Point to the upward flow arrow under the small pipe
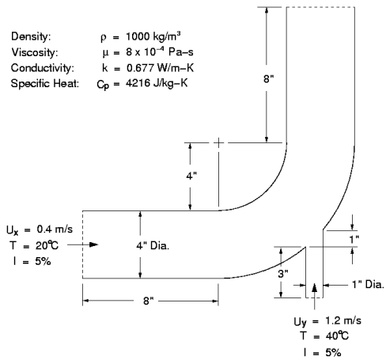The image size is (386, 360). point(316,290)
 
